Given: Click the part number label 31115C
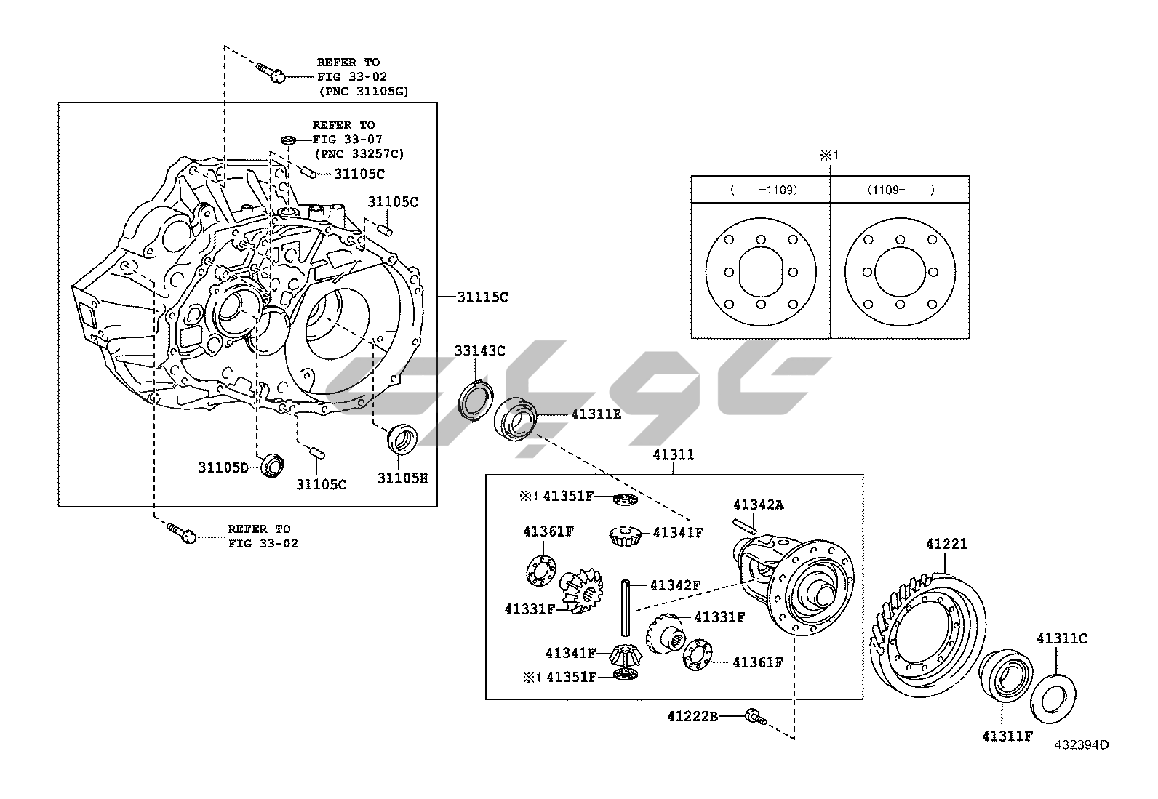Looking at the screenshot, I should (482, 297).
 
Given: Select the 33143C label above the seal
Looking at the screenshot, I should (479, 351).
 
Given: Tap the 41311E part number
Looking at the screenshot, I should (596, 414).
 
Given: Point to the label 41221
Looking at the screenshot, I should (946, 544).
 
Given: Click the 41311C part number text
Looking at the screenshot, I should (1061, 638).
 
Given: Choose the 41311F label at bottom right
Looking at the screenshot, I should (1007, 736).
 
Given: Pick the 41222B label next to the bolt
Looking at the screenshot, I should (692, 717).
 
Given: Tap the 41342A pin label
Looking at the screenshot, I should (759, 504).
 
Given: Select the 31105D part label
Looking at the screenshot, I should (223, 467).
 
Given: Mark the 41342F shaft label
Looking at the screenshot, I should (675, 585).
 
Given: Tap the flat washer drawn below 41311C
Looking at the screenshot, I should (1051, 699).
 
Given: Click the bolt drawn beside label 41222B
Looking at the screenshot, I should (754, 718).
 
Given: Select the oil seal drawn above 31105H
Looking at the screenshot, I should (402, 438).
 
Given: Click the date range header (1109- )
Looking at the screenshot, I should (900, 190).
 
